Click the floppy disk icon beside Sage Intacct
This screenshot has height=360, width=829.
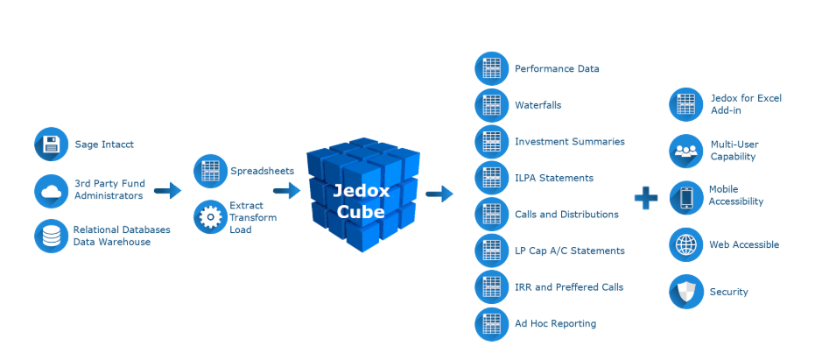51,145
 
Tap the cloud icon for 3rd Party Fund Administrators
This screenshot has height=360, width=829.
51,190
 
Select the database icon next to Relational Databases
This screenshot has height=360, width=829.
51,236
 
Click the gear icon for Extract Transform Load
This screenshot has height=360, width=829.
210,217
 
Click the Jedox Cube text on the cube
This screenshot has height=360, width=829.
360,200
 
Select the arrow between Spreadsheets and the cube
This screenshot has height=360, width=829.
287,189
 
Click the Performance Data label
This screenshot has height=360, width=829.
557,68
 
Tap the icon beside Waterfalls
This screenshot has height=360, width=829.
491,105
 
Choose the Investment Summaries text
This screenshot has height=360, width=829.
569,142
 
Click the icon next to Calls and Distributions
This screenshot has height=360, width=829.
491,215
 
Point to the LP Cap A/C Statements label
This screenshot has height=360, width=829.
569,251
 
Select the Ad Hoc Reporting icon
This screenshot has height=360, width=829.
491,324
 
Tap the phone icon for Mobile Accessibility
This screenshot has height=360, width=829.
685,196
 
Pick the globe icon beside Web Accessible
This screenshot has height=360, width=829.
685,245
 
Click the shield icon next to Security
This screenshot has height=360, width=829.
685,292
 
